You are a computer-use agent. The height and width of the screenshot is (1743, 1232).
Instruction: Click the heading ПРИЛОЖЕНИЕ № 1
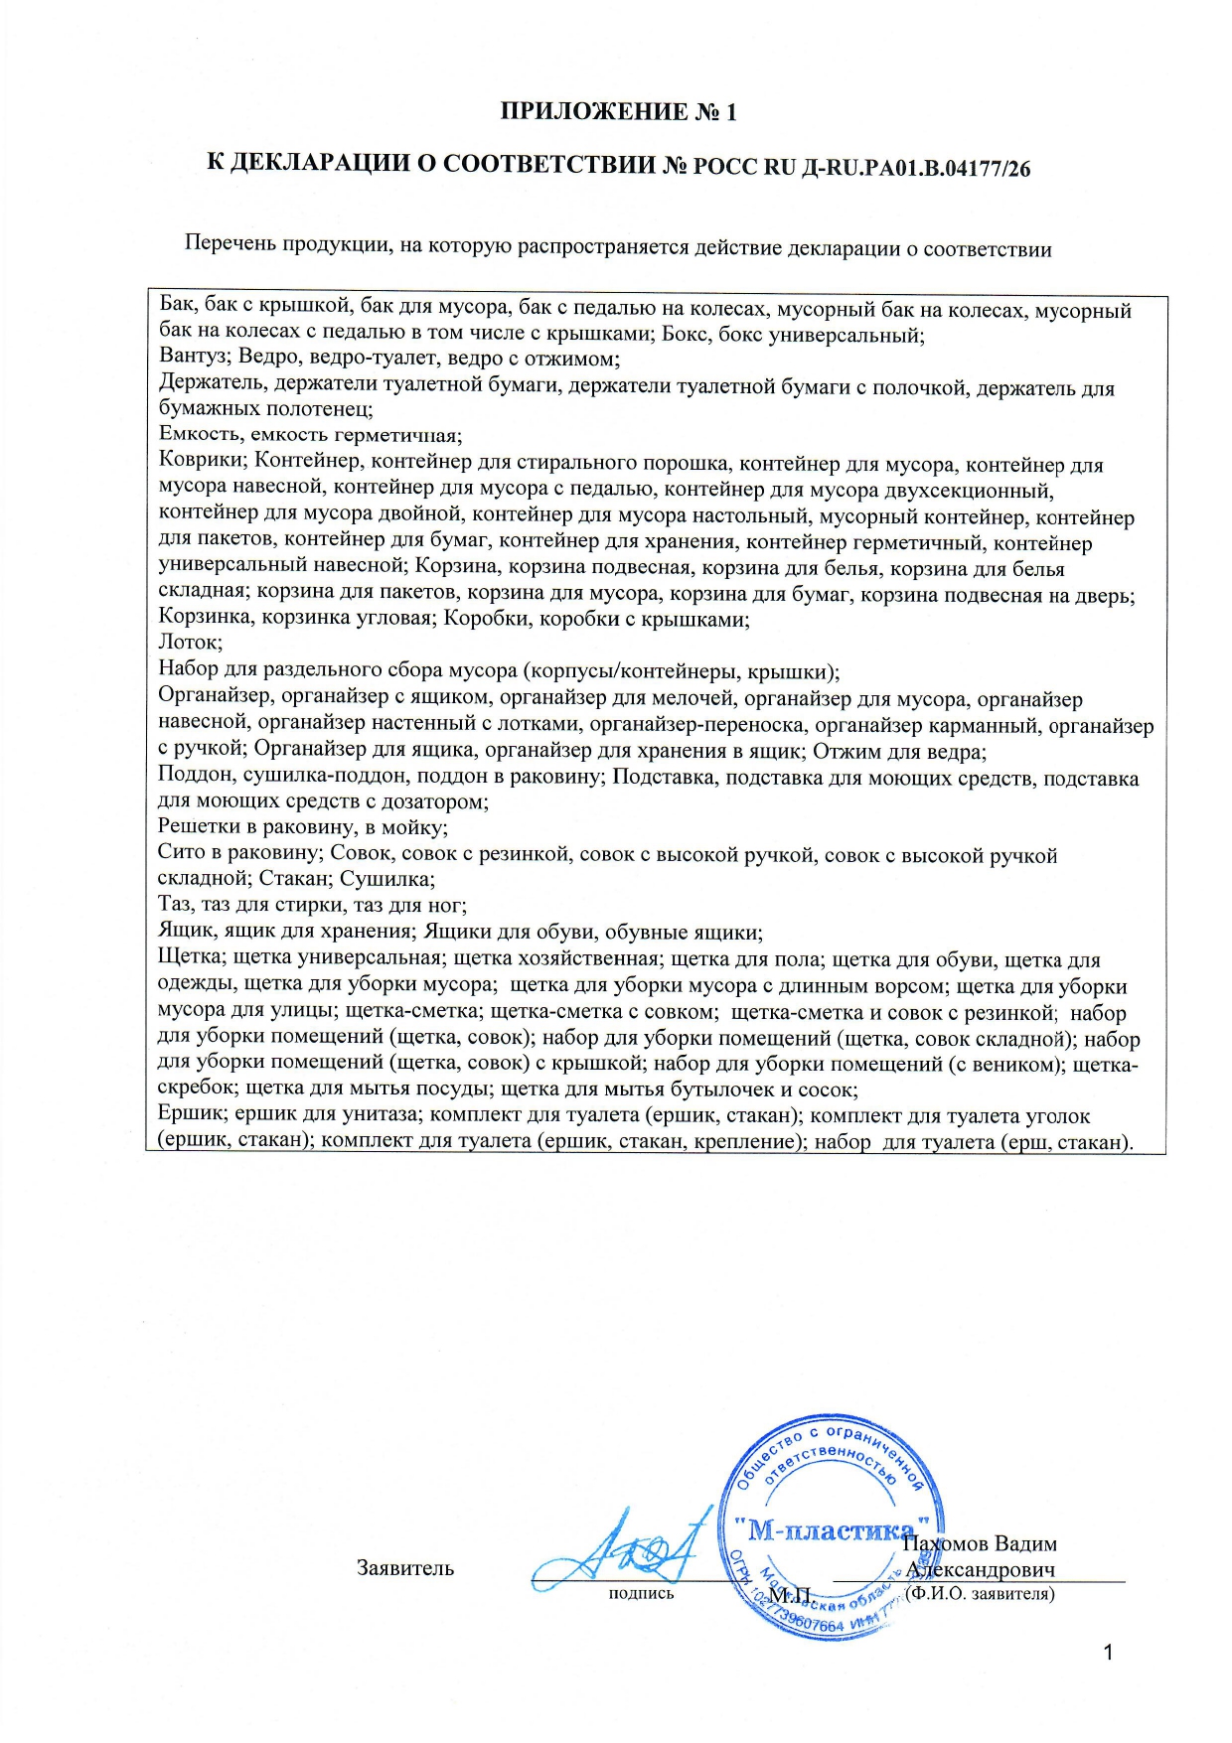(618, 111)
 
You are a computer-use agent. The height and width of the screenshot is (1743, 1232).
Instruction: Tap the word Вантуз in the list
(194, 359)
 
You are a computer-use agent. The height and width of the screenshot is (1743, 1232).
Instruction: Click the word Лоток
(189, 643)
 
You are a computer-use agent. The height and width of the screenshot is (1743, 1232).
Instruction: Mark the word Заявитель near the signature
(405, 1568)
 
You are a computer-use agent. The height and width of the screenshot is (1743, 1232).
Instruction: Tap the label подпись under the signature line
(641, 1594)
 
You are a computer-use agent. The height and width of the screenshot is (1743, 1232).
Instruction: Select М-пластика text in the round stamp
(831, 1530)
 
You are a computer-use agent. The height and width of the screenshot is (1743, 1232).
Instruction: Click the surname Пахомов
(945, 1544)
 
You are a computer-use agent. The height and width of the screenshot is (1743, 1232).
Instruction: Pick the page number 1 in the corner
(1109, 1653)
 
